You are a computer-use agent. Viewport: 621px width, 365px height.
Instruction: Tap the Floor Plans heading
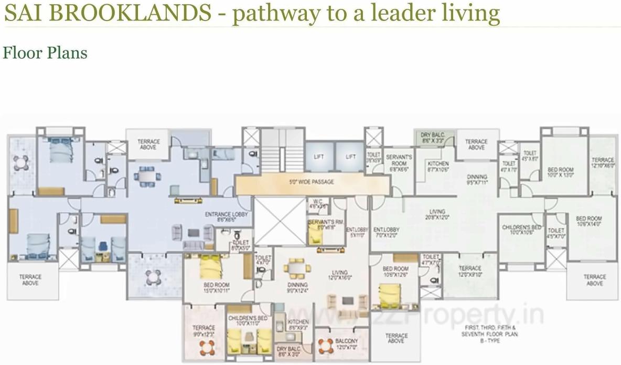coord(45,53)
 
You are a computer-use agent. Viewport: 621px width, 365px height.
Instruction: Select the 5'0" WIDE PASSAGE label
coord(312,182)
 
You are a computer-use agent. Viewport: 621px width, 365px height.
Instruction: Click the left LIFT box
coord(319,157)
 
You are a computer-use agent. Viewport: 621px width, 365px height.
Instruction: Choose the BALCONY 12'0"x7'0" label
coord(347,344)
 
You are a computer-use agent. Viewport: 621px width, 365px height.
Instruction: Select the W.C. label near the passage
coord(318,204)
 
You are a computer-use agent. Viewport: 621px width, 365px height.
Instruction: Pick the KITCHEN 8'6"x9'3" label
coord(298,325)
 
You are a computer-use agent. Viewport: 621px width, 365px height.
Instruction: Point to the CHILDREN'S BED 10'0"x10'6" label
coord(521,230)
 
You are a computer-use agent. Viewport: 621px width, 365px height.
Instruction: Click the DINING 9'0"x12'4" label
coord(297,287)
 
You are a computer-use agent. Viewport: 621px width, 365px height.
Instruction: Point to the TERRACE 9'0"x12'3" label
coord(204,331)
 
